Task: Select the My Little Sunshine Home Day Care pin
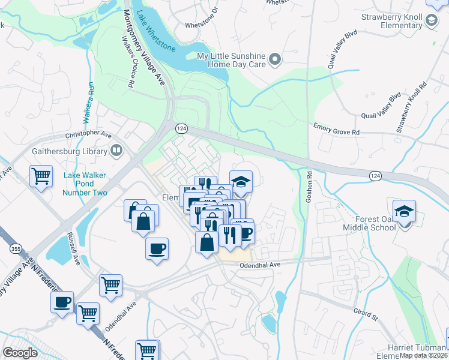point(275,59)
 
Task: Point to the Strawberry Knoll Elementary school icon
point(431,22)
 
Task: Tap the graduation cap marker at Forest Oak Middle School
point(405,211)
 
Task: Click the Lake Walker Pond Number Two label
point(85,184)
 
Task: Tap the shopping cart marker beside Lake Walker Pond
point(41,176)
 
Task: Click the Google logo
point(19,352)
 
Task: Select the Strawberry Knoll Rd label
point(411,107)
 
